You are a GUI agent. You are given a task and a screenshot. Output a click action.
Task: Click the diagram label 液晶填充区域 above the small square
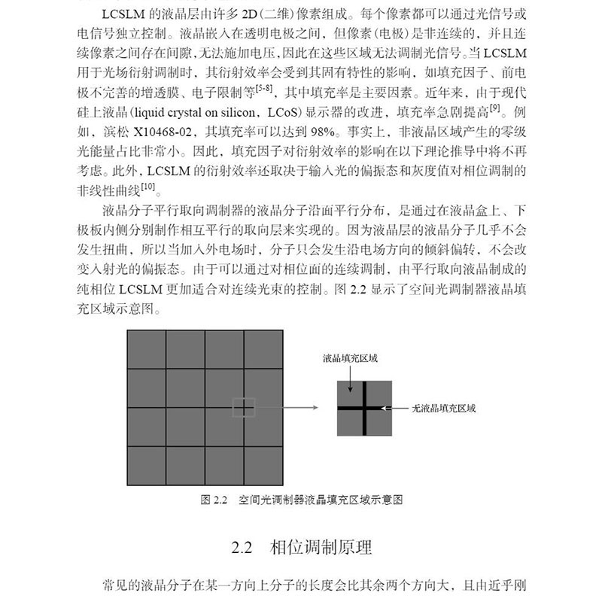pyautogui.click(x=349, y=358)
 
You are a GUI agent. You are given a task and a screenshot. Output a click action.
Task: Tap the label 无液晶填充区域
pyautogui.click(x=444, y=408)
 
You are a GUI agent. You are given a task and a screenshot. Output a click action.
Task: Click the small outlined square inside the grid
pyautogui.click(x=244, y=407)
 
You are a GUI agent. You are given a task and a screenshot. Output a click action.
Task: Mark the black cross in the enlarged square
pyautogui.click(x=364, y=408)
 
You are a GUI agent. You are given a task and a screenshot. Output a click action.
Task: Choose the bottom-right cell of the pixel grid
pyautogui.click(x=263, y=466)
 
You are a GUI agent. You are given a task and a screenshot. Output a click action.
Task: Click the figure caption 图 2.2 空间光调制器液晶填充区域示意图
pyautogui.click(x=308, y=499)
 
